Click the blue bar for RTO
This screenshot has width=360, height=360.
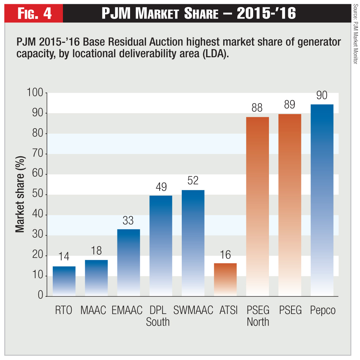64,281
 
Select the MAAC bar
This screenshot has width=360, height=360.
96,277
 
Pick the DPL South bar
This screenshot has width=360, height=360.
161,246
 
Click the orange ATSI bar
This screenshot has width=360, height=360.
225,279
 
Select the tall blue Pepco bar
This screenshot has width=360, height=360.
322,200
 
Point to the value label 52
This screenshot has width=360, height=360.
193,181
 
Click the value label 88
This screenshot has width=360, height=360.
257,108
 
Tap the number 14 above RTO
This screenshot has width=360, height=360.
64,257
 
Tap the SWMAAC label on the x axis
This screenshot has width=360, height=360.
193,310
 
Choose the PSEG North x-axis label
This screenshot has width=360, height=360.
258,316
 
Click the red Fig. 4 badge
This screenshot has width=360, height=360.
34,13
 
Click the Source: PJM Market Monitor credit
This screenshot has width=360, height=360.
355,34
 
